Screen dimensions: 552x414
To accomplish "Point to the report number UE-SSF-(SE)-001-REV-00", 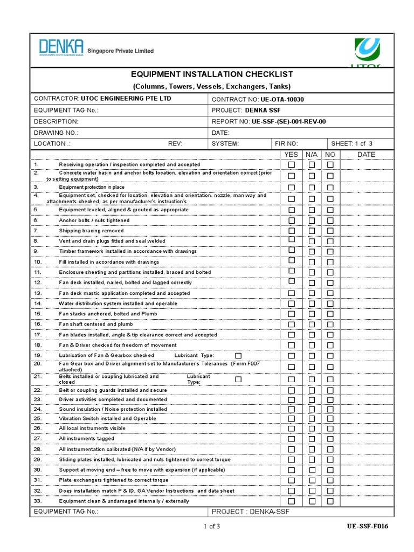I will tap(288, 121).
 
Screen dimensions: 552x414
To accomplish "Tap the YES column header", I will tap(291, 155).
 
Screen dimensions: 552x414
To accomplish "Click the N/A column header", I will tap(312, 155).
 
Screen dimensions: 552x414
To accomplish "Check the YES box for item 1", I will tap(292, 165).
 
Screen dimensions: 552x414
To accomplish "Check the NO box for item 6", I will tap(330, 220).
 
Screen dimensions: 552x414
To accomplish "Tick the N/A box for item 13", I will tap(312, 293).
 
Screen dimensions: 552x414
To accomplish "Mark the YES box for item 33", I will tap(292, 501).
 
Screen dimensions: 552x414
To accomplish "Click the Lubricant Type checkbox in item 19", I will tap(238, 355).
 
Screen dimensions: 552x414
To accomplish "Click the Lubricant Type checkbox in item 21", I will tap(238, 379).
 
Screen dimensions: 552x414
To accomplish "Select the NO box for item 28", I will tap(330, 449).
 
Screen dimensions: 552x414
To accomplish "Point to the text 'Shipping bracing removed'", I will tap(91, 231).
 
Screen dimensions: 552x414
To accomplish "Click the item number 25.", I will tap(37, 418).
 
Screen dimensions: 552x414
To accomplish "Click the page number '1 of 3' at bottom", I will tap(211, 527).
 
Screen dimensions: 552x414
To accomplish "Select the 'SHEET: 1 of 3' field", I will tap(351, 143).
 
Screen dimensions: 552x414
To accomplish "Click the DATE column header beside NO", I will tap(367, 155).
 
